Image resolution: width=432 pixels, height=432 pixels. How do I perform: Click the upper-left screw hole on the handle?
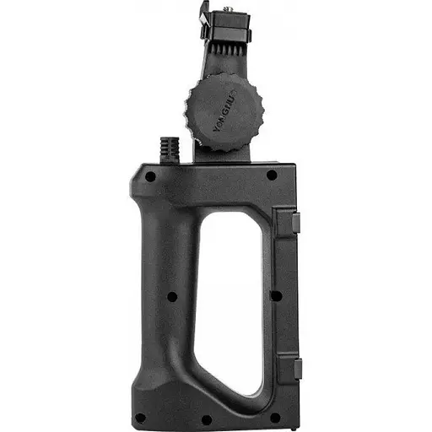150,176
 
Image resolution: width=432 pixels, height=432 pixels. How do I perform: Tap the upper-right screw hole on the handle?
272,175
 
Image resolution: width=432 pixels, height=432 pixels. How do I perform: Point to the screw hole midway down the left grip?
172,296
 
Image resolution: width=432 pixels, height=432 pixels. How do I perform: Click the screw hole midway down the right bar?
275,295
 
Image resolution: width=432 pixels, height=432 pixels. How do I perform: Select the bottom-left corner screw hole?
140,417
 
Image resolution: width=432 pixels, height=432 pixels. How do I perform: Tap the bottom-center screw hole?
206,419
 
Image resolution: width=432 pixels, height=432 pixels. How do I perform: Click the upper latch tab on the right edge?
296,222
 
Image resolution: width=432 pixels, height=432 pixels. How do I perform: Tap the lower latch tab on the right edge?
297,368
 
